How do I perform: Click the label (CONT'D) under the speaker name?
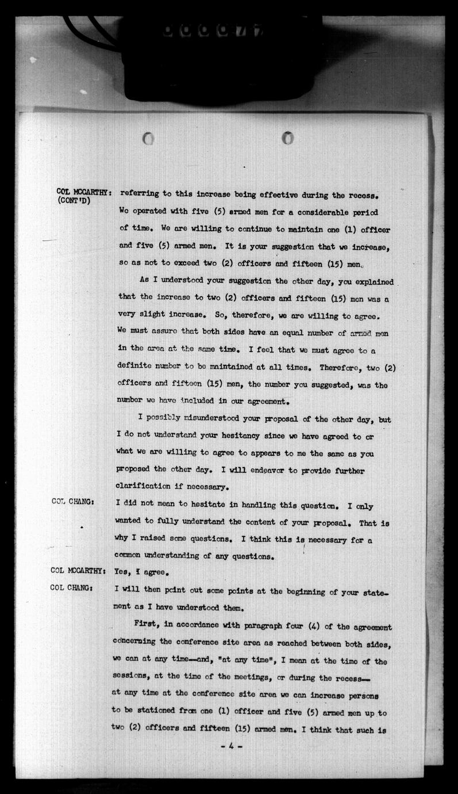(75, 200)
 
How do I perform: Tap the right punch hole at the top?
(288, 138)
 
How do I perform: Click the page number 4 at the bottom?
(231, 747)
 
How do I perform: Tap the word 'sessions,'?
(137, 678)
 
